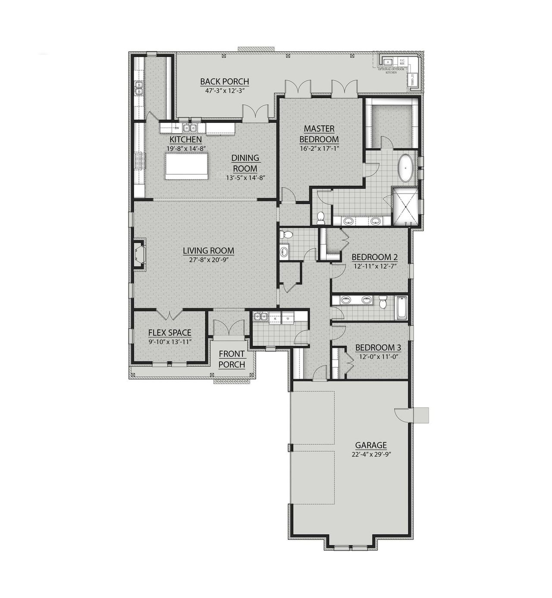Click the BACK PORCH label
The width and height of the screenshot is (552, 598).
coord(224,81)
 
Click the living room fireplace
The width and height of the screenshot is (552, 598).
coord(139,255)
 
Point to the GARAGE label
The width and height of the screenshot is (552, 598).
coord(370,445)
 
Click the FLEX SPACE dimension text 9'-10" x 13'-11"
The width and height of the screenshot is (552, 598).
coord(169,341)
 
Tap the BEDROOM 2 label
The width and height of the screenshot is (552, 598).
coord(374,257)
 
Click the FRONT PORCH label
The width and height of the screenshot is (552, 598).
coord(232,359)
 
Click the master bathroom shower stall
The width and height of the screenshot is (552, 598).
coord(405,206)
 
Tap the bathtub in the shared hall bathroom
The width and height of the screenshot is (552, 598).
coord(401,308)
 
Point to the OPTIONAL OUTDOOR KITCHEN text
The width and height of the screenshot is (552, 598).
coord(391,71)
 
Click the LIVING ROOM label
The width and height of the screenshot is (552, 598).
coord(208,250)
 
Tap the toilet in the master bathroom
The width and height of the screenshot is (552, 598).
coord(320,218)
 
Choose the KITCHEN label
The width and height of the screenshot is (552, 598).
coord(185,140)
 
